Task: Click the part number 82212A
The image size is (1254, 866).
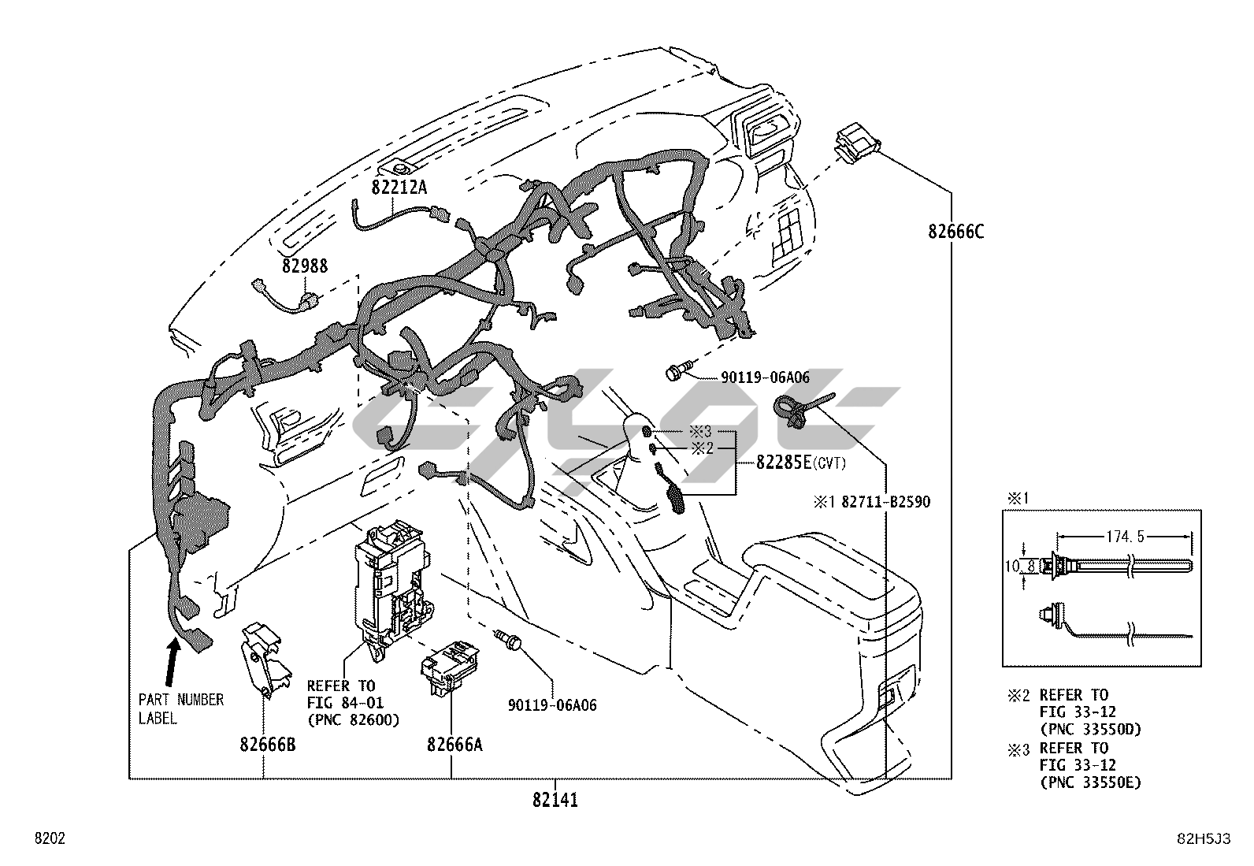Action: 399,187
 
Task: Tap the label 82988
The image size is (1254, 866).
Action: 305,266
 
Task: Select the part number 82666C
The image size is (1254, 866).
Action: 955,232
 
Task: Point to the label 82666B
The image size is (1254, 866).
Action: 268,745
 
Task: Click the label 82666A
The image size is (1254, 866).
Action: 454,745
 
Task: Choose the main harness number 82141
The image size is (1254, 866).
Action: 555,800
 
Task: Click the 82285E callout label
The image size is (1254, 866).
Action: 783,463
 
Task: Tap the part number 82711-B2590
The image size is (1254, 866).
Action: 885,502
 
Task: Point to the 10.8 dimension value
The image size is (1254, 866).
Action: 1020,567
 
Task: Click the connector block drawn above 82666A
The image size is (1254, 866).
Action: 450,669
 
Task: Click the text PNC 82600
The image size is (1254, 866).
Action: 353,719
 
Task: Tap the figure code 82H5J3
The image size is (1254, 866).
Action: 1204,838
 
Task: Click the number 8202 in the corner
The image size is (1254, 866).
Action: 50,838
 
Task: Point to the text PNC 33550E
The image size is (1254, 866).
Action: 1090,782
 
